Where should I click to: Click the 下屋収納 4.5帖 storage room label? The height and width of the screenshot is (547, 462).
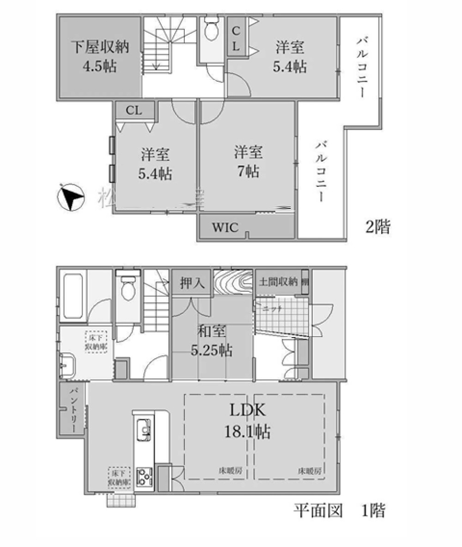coord(99,56)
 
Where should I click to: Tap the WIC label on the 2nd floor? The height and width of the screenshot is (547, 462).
coord(225,227)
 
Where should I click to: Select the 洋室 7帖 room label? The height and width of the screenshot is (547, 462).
coord(248,161)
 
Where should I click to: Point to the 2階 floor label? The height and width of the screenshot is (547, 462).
coord(378,227)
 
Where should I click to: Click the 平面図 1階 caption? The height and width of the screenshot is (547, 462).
coord(339,511)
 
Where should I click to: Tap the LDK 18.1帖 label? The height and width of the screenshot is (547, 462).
coord(247,421)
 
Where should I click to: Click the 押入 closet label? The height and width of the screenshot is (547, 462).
coord(192,283)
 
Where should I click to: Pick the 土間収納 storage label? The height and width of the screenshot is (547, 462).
coord(278,282)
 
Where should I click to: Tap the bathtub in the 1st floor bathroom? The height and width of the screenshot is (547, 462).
coord(73,296)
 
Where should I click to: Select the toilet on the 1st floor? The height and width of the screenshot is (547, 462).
coord(128,289)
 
